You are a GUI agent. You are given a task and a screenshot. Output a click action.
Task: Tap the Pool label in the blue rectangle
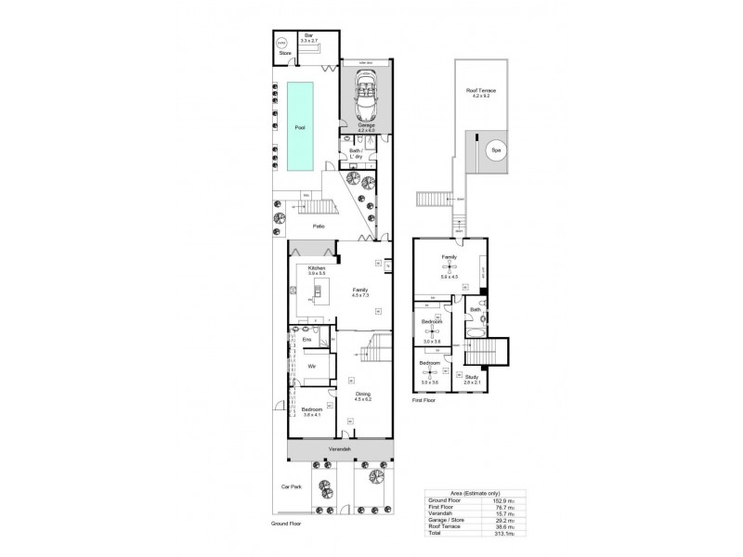coord(299,127)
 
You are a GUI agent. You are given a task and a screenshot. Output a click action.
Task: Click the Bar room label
coord(308,36)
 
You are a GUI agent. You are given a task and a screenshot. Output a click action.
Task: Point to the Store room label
coord(285,53)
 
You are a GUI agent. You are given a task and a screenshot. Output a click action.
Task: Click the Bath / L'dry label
coord(355,152)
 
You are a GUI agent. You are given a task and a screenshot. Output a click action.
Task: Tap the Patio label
coord(318,226)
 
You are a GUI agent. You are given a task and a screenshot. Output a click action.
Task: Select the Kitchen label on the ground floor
coord(306,267)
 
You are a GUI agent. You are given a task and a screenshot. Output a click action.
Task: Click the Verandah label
coord(340,449)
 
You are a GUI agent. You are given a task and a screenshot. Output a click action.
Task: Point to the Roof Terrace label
coord(480,90)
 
